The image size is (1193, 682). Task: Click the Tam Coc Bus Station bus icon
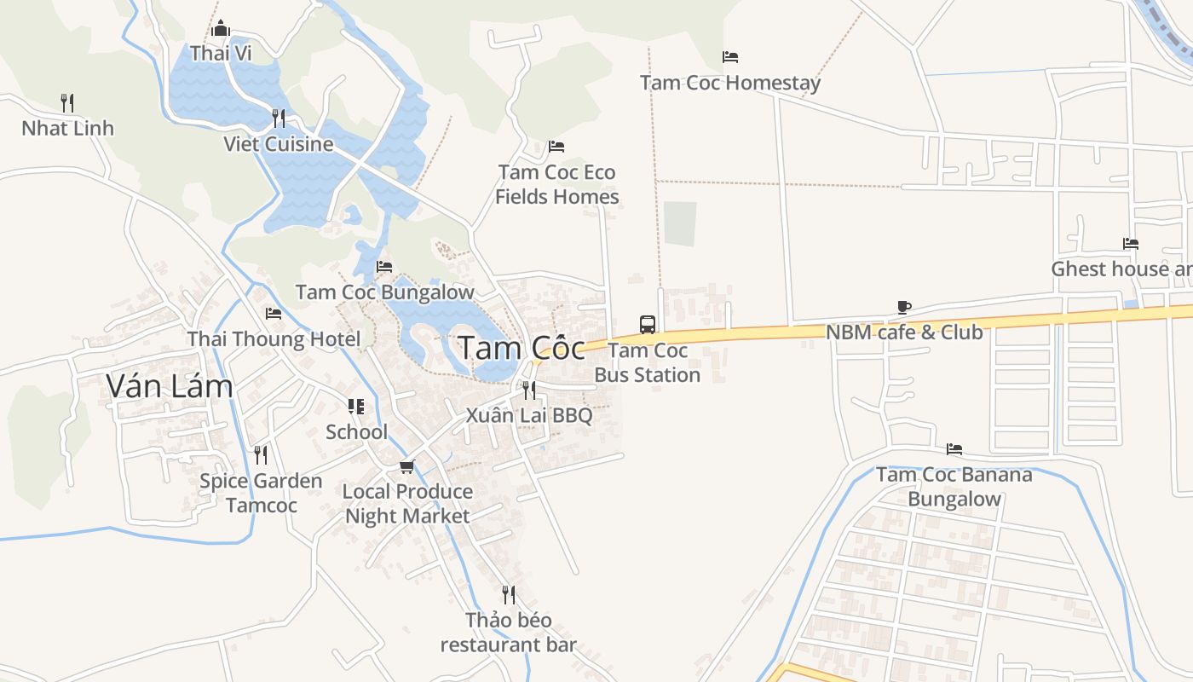648,324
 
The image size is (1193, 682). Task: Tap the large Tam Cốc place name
522,348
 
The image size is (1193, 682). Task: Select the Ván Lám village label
170,386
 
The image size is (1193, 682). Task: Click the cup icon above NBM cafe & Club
904,307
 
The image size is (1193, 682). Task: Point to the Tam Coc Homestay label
730,83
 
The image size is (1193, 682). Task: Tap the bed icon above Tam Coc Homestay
730,57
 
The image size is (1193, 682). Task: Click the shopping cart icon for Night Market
407,466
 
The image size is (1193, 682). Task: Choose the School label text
356,431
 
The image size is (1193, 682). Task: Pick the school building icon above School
356,407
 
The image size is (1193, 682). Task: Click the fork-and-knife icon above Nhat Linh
67,102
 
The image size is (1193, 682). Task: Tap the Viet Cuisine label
279,143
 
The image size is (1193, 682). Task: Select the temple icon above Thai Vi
222,28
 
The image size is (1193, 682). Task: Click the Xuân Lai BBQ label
529,415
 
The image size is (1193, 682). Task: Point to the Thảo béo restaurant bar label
509,632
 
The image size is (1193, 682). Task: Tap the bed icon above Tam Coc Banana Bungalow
954,448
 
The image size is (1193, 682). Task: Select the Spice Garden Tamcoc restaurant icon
261,454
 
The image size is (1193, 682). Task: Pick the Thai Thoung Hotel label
274,338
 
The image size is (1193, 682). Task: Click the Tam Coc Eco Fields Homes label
557,184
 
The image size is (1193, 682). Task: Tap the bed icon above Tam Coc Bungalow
384,267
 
